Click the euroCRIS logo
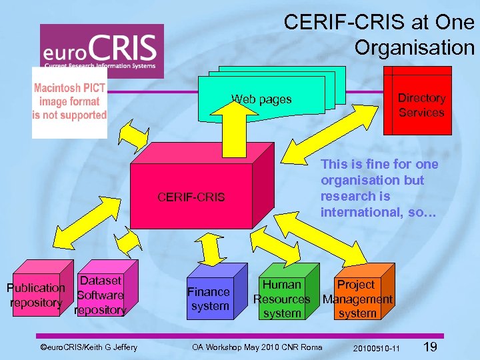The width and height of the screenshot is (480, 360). pos(101,47)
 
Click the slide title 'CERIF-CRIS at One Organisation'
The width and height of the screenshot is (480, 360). pos(379,35)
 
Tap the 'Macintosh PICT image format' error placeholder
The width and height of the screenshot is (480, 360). pos(69,102)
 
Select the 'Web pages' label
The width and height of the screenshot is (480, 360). pos(261,99)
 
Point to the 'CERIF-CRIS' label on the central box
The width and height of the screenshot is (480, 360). pos(191,197)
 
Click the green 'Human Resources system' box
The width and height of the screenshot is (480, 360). pos(282,298)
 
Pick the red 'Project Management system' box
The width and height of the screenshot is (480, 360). pos(357,298)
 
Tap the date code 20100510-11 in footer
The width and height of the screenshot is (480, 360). pos(377,348)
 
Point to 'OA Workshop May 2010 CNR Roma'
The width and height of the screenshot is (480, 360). pos(257,347)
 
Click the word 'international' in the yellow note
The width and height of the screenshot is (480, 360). pos(354,212)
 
